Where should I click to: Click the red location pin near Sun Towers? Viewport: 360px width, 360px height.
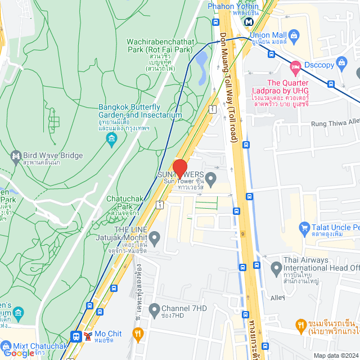[x=179, y=168]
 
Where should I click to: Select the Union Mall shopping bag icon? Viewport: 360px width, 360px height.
[x=296, y=35]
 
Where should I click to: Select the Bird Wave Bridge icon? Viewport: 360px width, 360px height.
[x=16, y=155]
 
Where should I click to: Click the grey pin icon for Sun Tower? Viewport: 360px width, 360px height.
[x=211, y=181]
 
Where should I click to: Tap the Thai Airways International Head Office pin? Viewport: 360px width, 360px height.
[x=276, y=269]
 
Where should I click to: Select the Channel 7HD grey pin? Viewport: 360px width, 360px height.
[x=154, y=309]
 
